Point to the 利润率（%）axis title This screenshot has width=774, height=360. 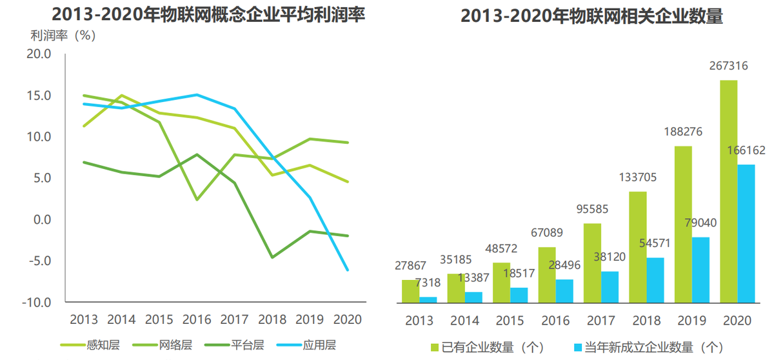click(x=63, y=36)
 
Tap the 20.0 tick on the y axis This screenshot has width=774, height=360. click(x=39, y=54)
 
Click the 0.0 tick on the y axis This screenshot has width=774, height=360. click(x=41, y=220)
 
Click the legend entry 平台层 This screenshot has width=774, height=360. click(x=243, y=345)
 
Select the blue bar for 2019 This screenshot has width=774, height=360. click(x=700, y=270)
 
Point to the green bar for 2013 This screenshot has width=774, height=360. click(x=410, y=291)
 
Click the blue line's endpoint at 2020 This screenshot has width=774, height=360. click(x=348, y=270)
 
